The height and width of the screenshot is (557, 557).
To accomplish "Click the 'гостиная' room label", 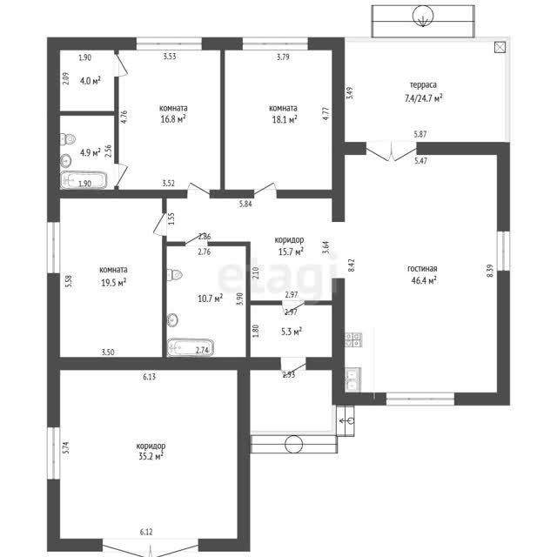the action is [422, 269].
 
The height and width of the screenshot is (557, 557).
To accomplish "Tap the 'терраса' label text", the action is [423, 85].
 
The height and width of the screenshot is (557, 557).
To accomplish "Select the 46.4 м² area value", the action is [424, 280].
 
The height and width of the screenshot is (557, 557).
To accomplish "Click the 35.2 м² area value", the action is [151, 456].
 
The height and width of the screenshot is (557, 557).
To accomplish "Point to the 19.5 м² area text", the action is [114, 283].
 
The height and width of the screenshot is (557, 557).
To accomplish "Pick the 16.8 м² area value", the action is [173, 119].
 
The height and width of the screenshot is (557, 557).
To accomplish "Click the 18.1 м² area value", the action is [285, 119].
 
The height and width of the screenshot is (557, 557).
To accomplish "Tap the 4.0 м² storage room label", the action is [91, 81].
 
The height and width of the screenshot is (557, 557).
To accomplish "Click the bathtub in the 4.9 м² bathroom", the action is [84, 180].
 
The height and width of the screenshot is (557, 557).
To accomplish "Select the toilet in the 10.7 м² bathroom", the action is [174, 275].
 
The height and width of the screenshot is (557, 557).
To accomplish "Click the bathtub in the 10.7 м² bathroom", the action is [191, 348].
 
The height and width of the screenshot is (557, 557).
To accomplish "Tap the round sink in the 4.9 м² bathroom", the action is [66, 161].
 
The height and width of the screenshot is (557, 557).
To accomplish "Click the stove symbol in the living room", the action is [353, 339].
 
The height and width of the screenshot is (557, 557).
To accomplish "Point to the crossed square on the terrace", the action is [500, 47].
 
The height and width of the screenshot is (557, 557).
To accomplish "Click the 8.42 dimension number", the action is [352, 265].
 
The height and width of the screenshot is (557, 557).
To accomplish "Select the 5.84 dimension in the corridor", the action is [245, 204].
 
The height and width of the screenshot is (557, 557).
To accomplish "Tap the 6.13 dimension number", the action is [149, 377].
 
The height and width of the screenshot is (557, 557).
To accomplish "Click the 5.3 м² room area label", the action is [292, 332].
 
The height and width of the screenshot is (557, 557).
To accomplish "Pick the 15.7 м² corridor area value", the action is [291, 252].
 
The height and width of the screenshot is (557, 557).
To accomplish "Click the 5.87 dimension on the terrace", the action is [420, 134].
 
